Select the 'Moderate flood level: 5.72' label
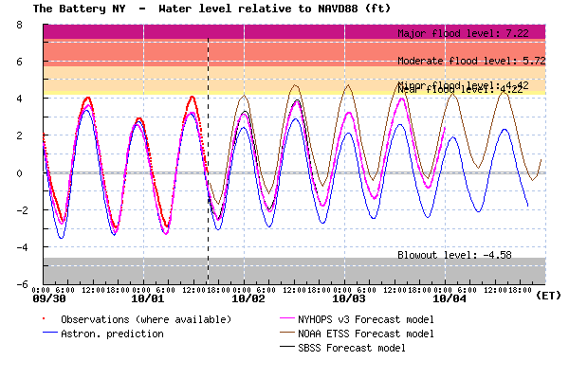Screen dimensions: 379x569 coord(470,61)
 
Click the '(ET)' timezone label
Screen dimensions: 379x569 coord(548,296)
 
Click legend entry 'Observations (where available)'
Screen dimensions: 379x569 coord(145,319)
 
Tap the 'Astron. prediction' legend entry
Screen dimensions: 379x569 coord(112,334)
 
